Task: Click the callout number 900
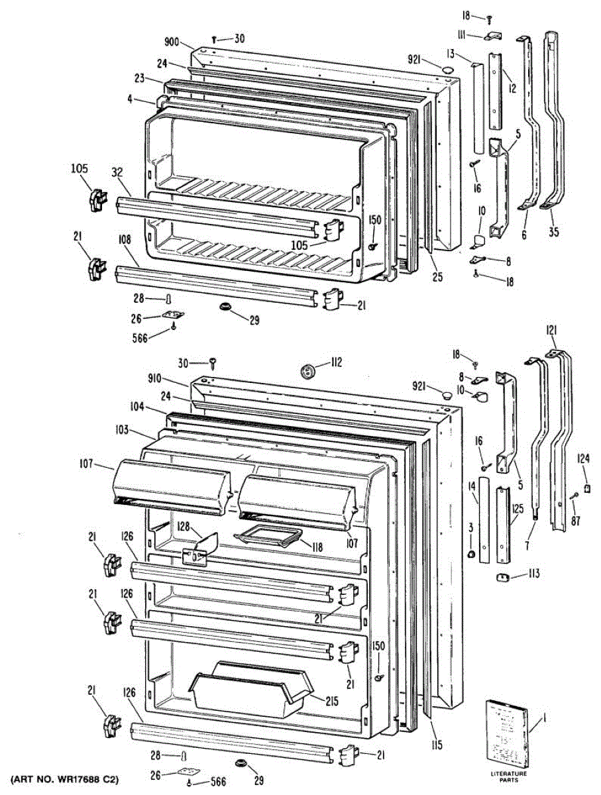click(x=172, y=41)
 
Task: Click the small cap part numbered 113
click(x=501, y=578)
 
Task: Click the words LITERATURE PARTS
click(x=510, y=776)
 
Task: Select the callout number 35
click(x=553, y=232)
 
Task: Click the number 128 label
click(x=184, y=527)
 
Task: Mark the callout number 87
click(x=575, y=521)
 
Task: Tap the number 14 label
click(x=471, y=487)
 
